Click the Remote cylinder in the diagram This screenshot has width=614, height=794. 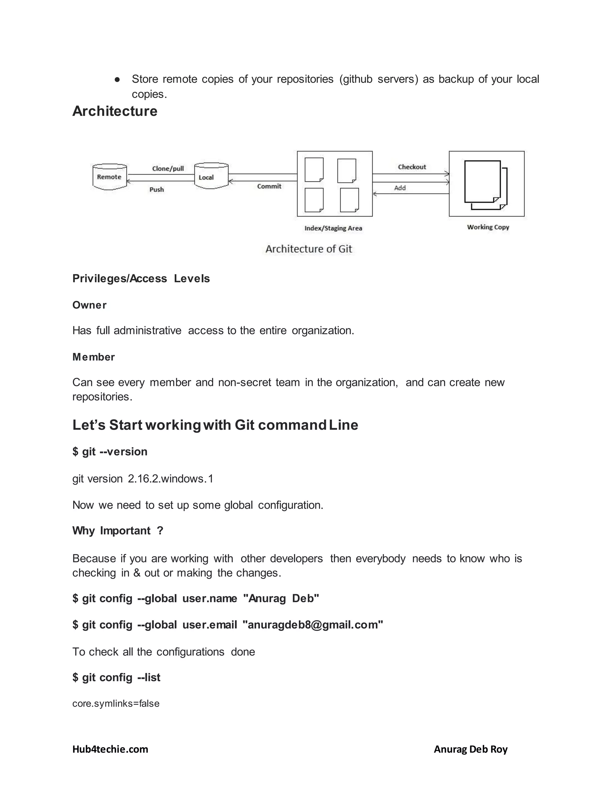(109, 177)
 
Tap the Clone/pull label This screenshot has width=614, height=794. (168, 168)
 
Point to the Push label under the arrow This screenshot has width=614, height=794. (156, 189)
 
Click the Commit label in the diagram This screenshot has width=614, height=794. (269, 186)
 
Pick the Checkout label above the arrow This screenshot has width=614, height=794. (412, 167)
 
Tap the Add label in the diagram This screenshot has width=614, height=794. (400, 188)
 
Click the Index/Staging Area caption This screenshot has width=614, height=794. (333, 228)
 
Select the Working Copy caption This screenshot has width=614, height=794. (488, 227)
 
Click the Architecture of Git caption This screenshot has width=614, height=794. (308, 249)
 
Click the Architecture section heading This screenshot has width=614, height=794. (115, 111)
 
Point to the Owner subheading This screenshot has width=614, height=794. (89, 305)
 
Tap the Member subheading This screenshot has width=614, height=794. (94, 357)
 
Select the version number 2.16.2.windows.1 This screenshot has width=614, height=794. (170, 479)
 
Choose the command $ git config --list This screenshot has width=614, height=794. (116, 677)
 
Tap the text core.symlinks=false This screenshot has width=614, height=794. (116, 704)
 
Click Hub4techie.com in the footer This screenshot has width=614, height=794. (110, 749)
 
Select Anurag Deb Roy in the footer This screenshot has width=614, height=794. (470, 749)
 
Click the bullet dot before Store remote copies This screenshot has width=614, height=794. (117, 79)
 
